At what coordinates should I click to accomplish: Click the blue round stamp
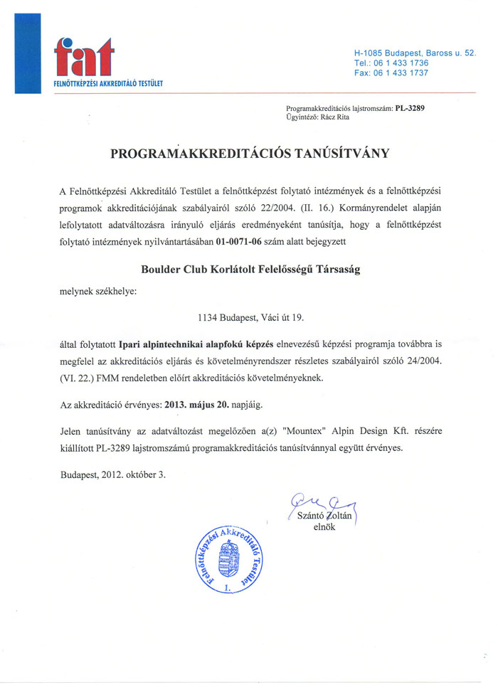228,562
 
